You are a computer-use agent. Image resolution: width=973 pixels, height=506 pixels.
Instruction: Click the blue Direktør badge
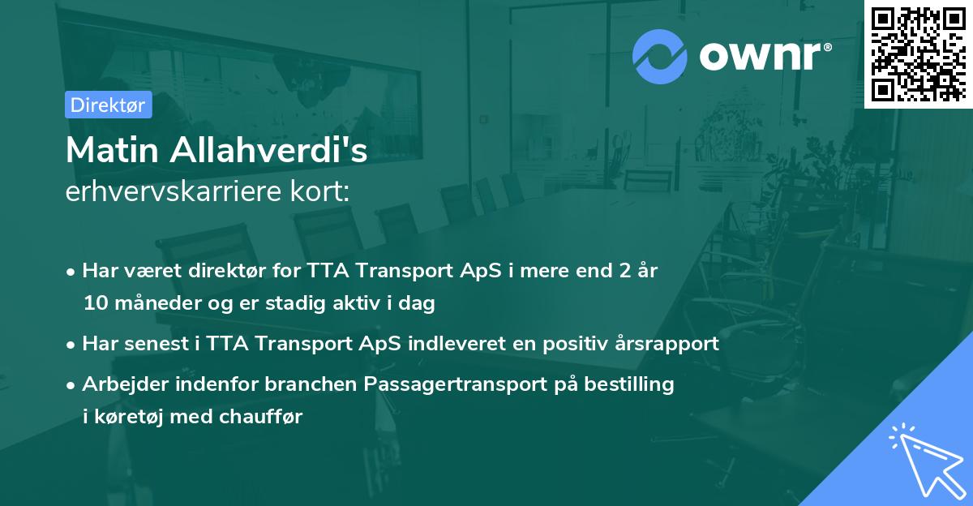[108, 105]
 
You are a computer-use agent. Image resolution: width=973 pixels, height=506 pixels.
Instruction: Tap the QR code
[918, 54]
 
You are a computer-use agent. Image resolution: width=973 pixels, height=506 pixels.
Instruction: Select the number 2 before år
[624, 271]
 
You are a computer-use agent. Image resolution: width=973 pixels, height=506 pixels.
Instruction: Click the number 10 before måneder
[94, 304]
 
